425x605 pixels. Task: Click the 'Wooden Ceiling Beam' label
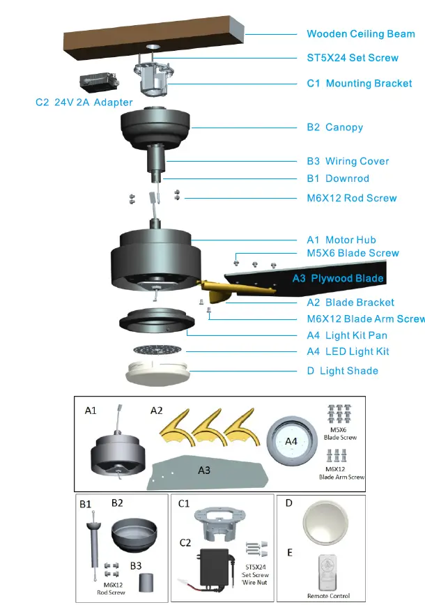tap(360, 34)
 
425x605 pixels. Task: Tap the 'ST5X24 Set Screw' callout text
tap(353, 58)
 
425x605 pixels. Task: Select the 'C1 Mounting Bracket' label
tap(360, 84)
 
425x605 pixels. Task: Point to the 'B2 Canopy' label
tap(335, 128)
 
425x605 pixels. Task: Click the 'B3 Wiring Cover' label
tap(348, 161)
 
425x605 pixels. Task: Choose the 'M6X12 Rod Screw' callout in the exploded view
tap(352, 198)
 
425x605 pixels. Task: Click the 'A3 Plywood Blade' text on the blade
tap(338, 279)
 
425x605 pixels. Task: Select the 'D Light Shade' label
tap(342, 370)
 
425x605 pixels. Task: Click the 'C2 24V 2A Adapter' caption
tap(84, 102)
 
